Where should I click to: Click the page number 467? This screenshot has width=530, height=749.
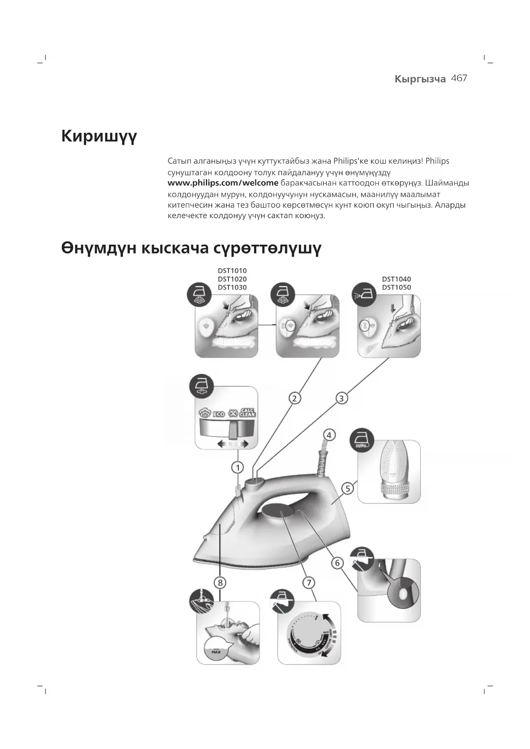(x=459, y=78)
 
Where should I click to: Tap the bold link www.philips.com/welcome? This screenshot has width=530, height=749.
(x=223, y=183)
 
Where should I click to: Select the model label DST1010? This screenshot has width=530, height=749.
(x=232, y=271)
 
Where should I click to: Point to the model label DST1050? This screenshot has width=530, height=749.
(x=396, y=287)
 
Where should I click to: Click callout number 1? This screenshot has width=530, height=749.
(x=237, y=468)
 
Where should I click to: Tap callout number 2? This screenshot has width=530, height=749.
(x=294, y=398)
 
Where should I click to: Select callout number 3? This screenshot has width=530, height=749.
(x=341, y=398)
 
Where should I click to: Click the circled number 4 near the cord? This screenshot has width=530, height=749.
(x=329, y=435)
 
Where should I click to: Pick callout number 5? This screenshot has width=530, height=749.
(x=348, y=489)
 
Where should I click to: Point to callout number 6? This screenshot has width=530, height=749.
(x=337, y=563)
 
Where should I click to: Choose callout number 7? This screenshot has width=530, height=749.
(x=309, y=582)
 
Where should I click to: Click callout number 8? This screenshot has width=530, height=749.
(x=220, y=582)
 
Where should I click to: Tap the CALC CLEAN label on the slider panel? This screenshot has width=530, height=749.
(x=247, y=413)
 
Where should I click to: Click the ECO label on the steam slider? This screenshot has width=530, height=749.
(x=219, y=414)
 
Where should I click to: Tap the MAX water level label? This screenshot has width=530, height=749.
(x=216, y=652)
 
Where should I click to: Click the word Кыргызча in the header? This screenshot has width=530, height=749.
(x=420, y=79)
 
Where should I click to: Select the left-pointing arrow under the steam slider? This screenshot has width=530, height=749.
(x=222, y=444)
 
